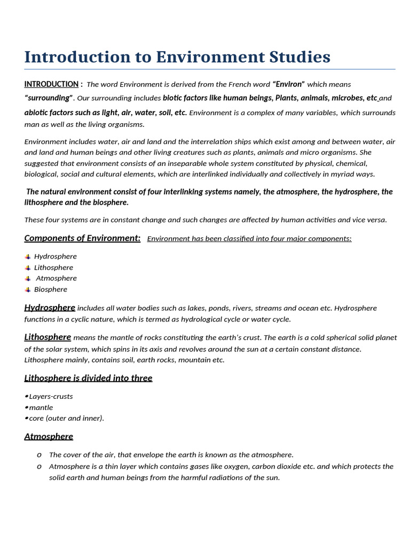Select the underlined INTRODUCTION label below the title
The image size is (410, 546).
coord(51,84)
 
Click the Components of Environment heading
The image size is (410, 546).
coord(82,238)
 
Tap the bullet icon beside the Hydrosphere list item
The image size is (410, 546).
coord(28,257)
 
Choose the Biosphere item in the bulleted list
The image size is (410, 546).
coord(51,290)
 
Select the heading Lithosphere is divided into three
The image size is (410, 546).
coord(88,378)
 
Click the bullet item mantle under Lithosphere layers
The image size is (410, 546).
coord(41,408)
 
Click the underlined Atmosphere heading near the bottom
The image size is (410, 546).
coord(49,437)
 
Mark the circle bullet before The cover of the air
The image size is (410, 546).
coord(39,455)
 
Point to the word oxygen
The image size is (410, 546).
coord(236,467)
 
